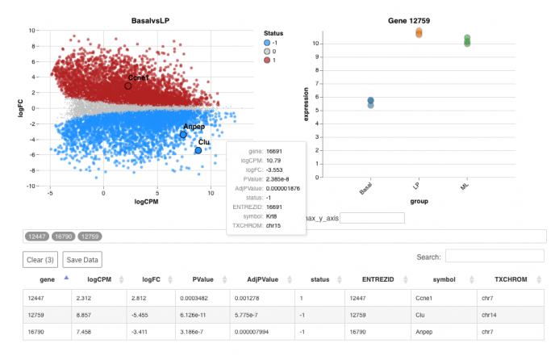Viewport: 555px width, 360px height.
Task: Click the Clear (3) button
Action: coord(41,260)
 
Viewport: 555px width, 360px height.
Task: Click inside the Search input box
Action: coord(494,256)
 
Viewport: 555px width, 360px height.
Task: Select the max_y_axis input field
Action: coord(371,218)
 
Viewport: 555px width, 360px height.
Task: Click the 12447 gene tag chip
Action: coord(37,237)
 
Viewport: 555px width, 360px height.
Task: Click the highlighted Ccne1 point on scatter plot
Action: coord(127,86)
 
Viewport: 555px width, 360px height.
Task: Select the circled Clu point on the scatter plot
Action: coord(198,150)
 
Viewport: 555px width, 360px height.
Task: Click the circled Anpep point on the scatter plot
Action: coord(183,135)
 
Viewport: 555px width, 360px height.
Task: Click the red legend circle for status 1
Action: coord(267,61)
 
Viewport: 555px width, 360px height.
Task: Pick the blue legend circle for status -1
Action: coord(267,43)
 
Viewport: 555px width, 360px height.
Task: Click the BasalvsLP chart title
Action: coord(149,19)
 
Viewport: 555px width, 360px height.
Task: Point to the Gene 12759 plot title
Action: coord(419,19)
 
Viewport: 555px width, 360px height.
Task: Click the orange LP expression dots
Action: coord(419,33)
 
